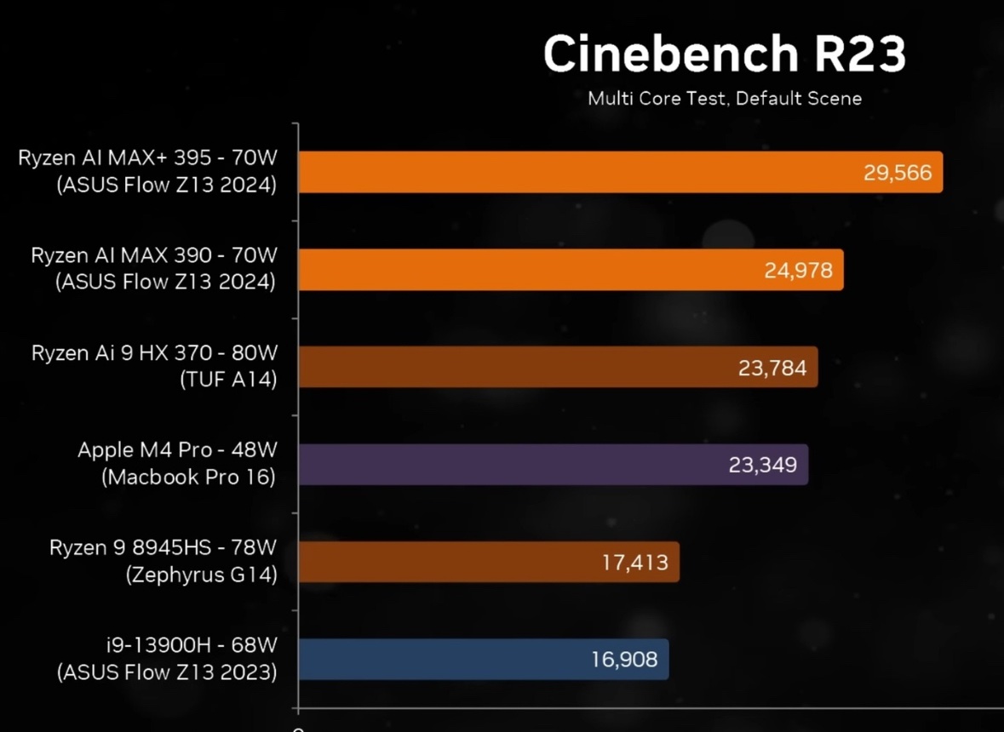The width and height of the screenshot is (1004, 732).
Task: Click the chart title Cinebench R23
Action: [724, 54]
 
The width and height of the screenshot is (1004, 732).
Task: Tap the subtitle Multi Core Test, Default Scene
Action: [724, 99]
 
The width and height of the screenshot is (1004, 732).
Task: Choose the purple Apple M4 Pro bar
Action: [502, 465]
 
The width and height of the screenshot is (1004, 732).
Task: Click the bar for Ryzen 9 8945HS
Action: [443, 562]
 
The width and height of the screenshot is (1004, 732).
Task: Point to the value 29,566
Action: [897, 174]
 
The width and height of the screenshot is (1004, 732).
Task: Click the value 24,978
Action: [798, 272]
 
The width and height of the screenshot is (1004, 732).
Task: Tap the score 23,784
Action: [772, 369]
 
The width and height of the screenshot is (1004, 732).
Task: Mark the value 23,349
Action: [762, 466]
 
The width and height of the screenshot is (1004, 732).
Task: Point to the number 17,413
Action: [634, 563]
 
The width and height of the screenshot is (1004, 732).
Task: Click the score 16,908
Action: [623, 660]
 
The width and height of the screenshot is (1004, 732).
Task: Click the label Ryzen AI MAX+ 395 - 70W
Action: [148, 159]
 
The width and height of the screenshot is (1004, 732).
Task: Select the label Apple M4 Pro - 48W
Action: [177, 450]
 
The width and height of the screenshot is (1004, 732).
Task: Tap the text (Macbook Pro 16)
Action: [188, 478]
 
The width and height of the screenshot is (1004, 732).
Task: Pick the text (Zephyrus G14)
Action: [201, 575]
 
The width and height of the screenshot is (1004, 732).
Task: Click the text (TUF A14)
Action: [228, 380]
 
